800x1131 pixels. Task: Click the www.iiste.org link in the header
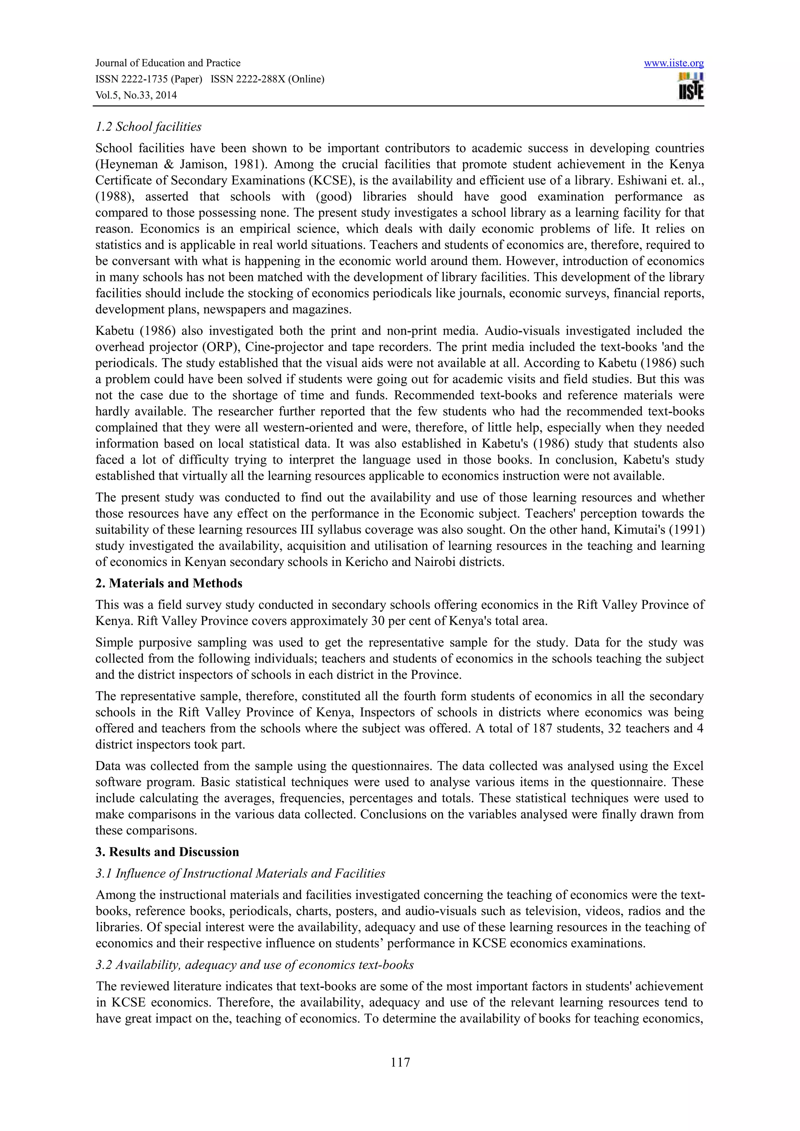tap(673, 63)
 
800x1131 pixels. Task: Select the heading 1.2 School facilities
tap(148, 127)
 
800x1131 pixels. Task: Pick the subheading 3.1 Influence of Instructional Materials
tap(240, 873)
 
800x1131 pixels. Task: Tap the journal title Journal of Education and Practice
tap(168, 63)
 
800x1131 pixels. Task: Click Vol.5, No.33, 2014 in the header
tap(136, 95)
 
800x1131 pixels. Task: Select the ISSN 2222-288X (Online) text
tap(267, 79)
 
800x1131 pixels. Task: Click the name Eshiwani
tap(631, 181)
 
